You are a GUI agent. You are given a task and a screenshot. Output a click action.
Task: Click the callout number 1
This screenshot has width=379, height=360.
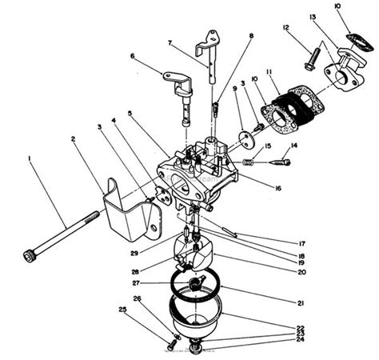pyautogui.click(x=30, y=159)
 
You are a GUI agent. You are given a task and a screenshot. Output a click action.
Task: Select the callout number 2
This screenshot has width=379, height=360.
pyautogui.click(x=74, y=139)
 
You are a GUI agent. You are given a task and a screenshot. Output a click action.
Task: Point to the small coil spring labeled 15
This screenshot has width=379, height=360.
pyautogui.click(x=249, y=162)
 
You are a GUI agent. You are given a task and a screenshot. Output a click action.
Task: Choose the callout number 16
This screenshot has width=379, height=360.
pyautogui.click(x=277, y=189)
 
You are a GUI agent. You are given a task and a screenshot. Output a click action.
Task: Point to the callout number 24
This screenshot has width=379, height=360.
pyautogui.click(x=277, y=339)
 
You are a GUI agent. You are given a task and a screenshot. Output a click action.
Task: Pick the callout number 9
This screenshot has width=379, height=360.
pyautogui.click(x=234, y=89)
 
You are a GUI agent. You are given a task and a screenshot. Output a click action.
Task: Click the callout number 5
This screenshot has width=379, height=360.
pyautogui.click(x=130, y=114)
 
